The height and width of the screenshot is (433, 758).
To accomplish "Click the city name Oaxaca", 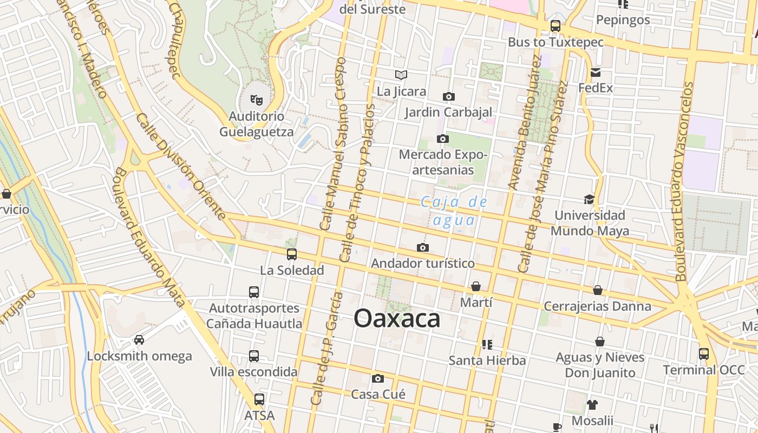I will click(397, 318).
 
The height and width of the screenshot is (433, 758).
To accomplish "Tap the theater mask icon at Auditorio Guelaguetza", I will click(256, 100).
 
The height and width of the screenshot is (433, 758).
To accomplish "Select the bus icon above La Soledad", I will click(292, 254).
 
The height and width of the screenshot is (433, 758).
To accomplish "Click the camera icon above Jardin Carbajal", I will click(449, 96).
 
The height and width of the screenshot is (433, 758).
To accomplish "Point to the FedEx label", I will click(596, 87).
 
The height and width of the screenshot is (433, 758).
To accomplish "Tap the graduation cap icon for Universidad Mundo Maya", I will click(589, 199).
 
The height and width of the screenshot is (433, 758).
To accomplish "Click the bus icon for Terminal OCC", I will click(704, 354).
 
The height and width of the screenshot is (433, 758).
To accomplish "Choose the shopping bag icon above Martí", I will click(476, 286).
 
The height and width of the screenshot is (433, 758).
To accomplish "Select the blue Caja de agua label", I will click(454, 211).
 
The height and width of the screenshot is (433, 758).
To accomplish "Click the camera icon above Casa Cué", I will click(378, 378).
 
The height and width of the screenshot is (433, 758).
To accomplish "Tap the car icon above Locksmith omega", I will click(139, 340).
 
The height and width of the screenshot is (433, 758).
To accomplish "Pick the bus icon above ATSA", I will click(259, 399).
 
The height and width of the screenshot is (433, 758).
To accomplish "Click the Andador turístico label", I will click(423, 264).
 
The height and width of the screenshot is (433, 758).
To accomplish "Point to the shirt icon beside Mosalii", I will click(592, 404).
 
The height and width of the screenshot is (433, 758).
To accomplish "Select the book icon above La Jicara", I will click(401, 75).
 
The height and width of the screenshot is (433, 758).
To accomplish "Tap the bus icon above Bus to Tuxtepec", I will click(556, 25).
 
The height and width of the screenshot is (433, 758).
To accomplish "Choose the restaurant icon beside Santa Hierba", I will click(487, 344).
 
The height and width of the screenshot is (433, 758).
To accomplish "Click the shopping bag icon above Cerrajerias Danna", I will click(598, 290).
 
